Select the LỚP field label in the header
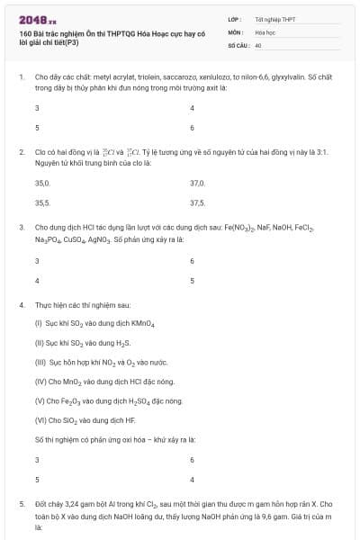coord(235,18)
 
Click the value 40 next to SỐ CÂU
coord(258,44)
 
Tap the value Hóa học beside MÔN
coord(265,31)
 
